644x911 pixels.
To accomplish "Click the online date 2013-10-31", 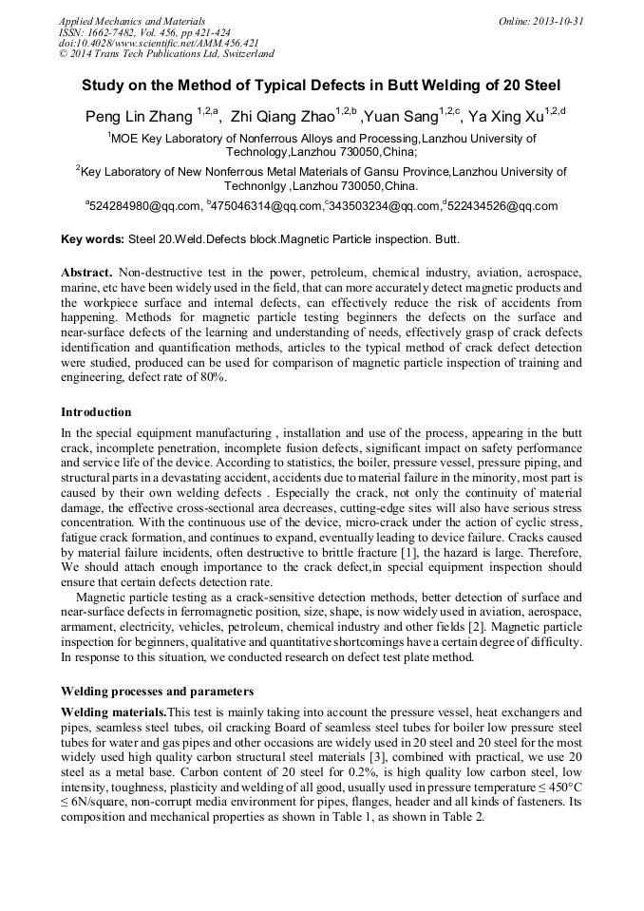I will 559,20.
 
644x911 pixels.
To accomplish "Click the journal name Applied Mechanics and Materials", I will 131,20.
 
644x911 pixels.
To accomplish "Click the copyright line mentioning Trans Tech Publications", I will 166,54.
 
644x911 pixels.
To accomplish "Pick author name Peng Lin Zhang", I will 138,117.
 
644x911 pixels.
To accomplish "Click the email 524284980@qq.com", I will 145,205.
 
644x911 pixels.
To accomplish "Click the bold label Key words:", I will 92,240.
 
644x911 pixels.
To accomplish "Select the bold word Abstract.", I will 87,272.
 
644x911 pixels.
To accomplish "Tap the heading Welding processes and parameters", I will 157,691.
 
